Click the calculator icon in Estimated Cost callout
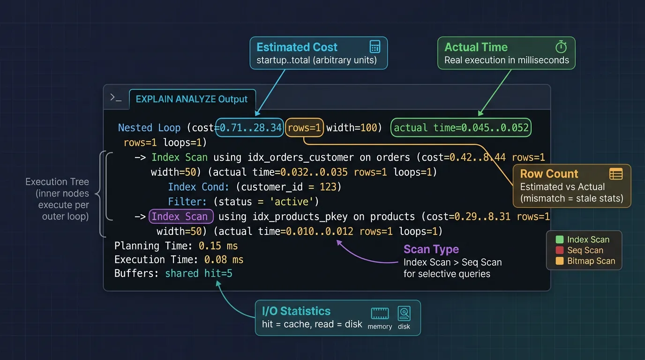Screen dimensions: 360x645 pos(375,47)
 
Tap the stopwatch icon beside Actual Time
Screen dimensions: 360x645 pos(561,47)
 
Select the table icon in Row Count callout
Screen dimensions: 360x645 pos(615,174)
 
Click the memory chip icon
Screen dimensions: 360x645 pos(380,314)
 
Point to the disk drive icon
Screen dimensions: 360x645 pos(404,313)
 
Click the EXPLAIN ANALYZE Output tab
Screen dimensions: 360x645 pos(192,99)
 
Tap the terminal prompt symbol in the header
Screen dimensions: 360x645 pos(116,97)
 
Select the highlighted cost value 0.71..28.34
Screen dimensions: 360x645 pos(251,127)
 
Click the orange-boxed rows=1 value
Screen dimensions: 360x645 pos(304,127)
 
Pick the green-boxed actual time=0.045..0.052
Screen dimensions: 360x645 pos(461,127)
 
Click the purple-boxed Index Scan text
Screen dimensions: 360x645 pos(181,217)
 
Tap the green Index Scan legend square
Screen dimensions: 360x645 pos(559,240)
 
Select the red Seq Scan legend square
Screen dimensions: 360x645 pos(559,250)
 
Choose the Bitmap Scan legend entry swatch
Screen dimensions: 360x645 pos(559,261)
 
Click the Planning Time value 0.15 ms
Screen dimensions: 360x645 pos(218,246)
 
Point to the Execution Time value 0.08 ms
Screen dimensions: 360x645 pos(224,260)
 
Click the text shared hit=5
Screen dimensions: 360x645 pos(198,273)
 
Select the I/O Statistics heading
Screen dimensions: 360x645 pos(296,311)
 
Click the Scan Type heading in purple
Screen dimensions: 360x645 pos(431,249)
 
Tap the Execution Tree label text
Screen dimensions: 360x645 pos(57,182)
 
